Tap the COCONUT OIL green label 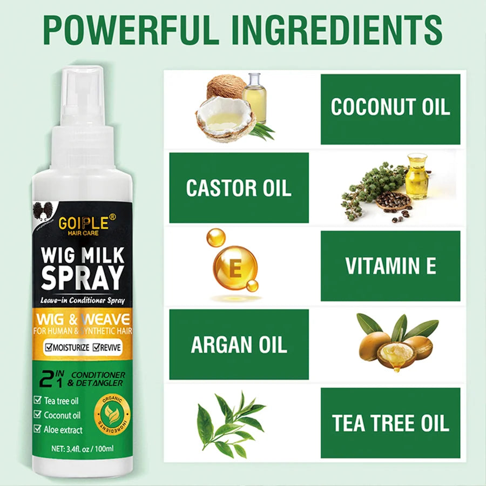click(x=390, y=107)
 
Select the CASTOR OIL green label click(x=239, y=188)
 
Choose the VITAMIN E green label click(x=390, y=266)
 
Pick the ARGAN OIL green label click(x=239, y=345)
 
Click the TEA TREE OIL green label click(x=390, y=423)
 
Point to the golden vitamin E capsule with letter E click(x=235, y=268)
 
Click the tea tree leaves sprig click(x=230, y=421)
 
